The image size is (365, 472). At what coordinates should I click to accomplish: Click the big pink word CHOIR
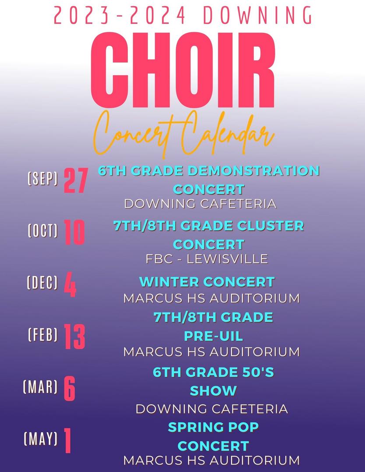coord(182,69)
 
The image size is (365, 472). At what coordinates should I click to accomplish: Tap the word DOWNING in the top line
coord(258,15)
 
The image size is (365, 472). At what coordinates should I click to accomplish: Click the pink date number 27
coord(76,180)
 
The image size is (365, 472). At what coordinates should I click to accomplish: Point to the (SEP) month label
coord(42,178)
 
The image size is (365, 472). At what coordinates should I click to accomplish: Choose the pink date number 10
coord(74,232)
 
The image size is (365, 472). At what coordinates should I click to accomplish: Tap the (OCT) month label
coord(42,231)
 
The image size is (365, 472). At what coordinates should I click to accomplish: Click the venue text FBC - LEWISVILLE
coord(207,259)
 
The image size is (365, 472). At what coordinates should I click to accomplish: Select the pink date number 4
coord(70,284)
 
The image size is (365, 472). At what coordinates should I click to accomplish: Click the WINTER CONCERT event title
coord(207,282)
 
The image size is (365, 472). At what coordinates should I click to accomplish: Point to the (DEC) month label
coord(42,283)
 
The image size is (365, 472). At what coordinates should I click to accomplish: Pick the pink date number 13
coord(75,337)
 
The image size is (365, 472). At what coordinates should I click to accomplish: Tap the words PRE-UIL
coord(214,336)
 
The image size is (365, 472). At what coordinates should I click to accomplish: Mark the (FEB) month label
coord(43,335)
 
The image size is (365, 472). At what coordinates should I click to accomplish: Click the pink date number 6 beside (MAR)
coord(69,389)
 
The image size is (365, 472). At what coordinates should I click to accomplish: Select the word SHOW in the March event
coord(214,391)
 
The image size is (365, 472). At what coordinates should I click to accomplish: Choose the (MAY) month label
coord(41,439)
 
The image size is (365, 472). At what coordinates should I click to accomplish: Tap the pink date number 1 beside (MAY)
coord(67,441)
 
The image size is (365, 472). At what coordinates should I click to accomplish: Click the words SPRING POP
coord(214,427)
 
